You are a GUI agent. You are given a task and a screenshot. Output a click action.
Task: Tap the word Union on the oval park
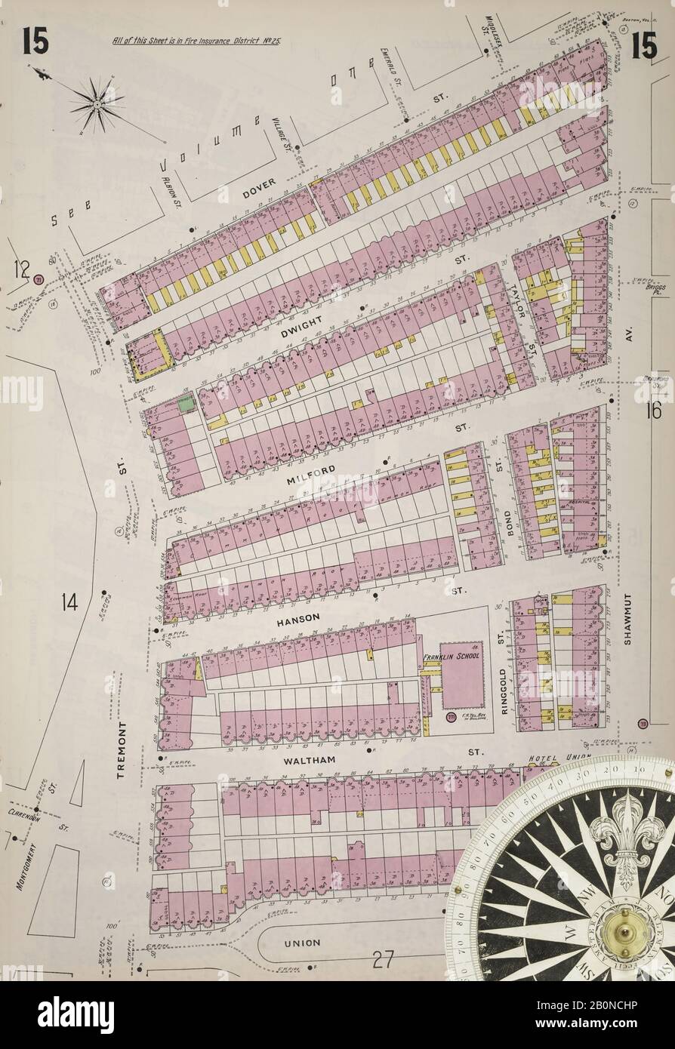302,943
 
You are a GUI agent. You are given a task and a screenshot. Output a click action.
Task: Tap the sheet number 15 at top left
35,43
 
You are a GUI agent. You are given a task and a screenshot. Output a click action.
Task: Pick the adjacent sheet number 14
69,601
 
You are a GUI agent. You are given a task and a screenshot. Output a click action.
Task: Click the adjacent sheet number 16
653,411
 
